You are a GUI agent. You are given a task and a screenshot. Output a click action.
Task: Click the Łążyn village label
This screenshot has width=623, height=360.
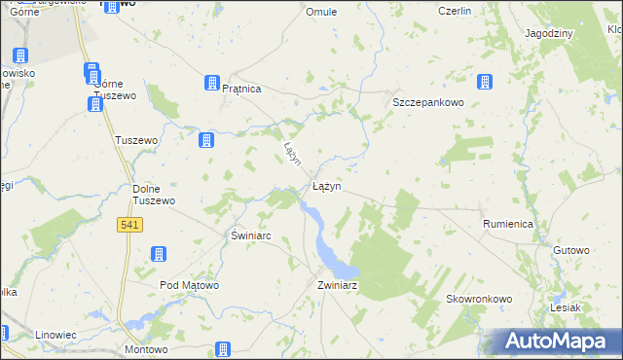pos(326,185)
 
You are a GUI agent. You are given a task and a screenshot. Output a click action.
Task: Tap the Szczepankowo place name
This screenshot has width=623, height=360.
pos(426,102)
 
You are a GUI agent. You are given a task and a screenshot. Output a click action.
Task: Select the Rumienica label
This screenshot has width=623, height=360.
pos(507,224)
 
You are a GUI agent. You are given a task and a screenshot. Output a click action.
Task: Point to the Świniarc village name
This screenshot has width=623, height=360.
pos(250,235)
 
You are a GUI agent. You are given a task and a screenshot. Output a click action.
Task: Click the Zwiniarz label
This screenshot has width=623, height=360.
pos(338,285)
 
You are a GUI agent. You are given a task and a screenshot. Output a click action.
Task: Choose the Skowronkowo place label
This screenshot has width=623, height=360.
pos(479,299)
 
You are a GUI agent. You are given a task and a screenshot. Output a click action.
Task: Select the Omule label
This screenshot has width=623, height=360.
pos(321,12)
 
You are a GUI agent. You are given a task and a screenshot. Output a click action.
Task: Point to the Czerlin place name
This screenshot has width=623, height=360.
pos(454,11)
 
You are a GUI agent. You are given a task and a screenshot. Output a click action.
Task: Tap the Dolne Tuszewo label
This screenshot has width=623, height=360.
pos(153,195)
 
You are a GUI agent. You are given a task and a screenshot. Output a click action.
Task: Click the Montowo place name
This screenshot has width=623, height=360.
pos(146,348)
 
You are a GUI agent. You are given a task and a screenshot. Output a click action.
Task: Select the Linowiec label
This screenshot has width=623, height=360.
pos(55,335)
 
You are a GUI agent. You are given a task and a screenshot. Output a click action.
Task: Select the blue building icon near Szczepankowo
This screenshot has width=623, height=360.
pos(483,83)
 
